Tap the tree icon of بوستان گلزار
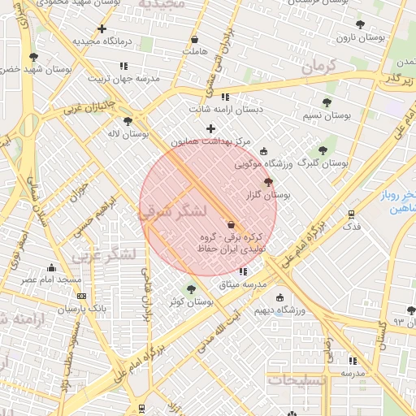tap(269, 183)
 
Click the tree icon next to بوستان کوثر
tap(192, 288)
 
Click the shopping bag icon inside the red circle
tap(232, 224)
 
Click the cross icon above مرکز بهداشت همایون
tap(211, 128)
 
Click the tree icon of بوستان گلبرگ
tap(323, 150)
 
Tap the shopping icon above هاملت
tap(194, 39)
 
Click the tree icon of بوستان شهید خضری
tap(33, 57)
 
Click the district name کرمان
tap(318, 67)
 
